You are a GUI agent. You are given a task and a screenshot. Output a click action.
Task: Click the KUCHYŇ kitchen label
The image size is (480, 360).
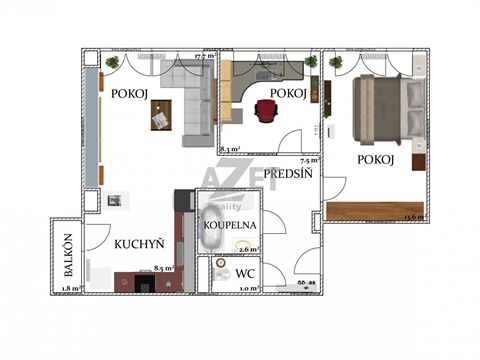[133, 243]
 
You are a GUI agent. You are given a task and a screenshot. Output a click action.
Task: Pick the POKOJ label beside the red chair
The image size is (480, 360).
[288, 93]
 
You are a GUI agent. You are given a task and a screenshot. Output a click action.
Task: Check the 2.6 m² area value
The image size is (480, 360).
[248, 250]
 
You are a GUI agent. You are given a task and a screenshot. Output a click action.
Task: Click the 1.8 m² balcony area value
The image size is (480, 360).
[69, 289]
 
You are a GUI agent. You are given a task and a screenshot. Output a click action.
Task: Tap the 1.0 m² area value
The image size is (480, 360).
[250, 288]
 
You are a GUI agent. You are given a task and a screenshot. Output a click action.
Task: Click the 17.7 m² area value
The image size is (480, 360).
[205, 57]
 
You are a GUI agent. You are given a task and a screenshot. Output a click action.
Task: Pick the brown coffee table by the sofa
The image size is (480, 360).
[160, 119]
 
